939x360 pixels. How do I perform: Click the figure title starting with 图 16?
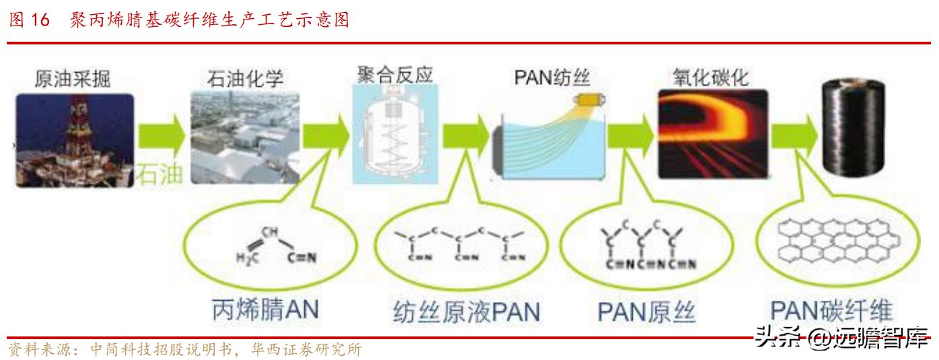pyautogui.click(x=178, y=20)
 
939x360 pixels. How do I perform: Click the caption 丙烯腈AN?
pyautogui.click(x=265, y=310)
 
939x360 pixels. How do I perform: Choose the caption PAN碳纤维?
pyautogui.click(x=831, y=310)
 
